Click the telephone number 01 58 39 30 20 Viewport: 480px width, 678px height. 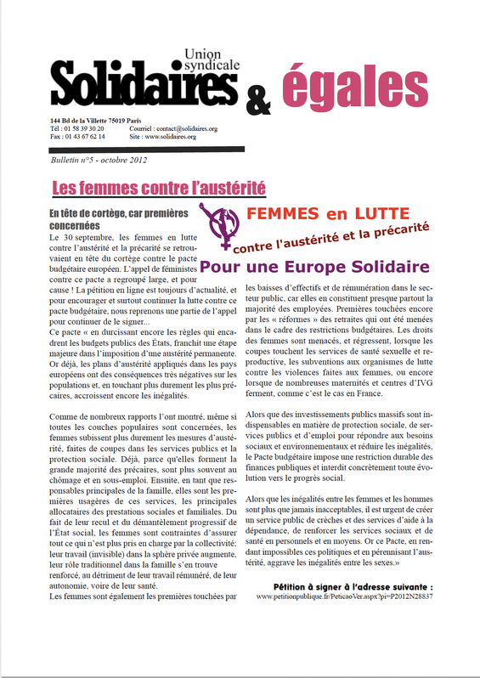pyautogui.click(x=84, y=128)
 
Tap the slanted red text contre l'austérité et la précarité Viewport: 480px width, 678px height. pyautogui.click(x=330, y=238)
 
